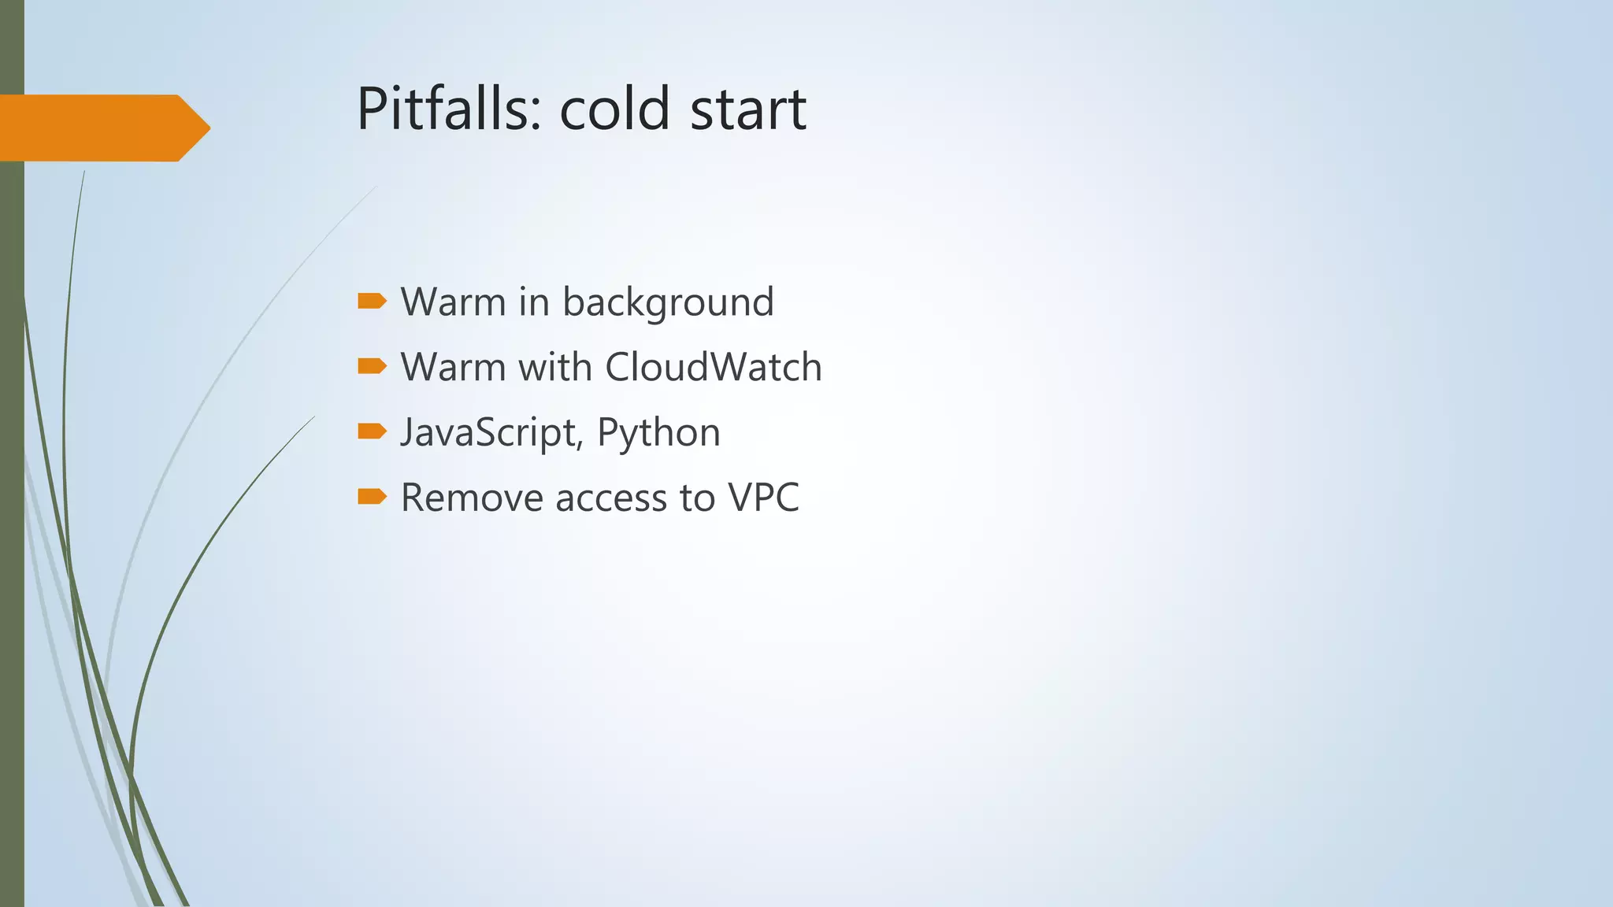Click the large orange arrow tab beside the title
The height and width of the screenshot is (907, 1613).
click(102, 128)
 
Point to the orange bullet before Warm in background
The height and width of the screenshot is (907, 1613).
click(372, 301)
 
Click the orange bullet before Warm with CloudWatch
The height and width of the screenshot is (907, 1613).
click(372, 366)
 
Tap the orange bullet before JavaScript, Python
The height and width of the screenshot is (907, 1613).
click(372, 431)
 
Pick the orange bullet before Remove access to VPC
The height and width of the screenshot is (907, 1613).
click(372, 496)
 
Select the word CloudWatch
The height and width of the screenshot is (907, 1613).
click(714, 367)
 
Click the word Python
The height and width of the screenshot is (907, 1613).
click(658, 432)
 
